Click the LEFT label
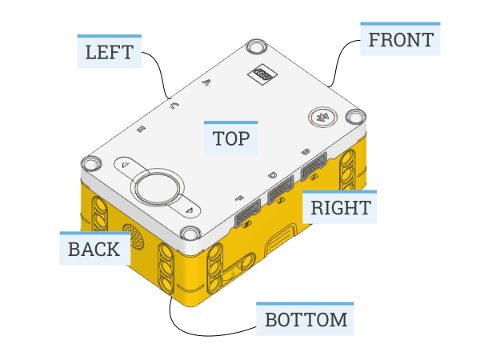109,52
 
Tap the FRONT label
400,39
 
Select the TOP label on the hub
230,138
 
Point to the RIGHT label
340,208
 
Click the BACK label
94,249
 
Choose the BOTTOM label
306,319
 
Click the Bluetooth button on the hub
322,118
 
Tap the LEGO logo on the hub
263,73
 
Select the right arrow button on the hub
190,210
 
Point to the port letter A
206,82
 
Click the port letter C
174,105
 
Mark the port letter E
142,128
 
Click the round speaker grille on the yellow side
133,238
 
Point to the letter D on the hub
272,174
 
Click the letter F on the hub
239,197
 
